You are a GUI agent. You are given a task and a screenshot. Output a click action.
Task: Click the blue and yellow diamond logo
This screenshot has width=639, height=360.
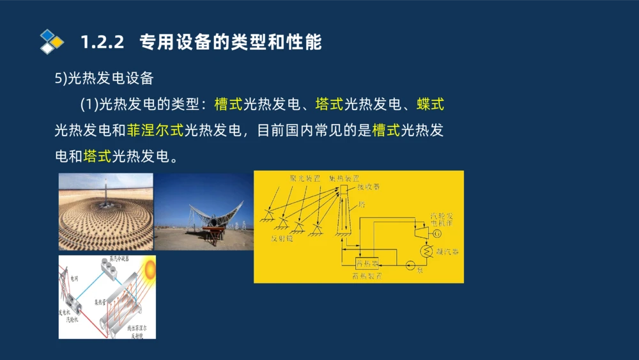click(52, 42)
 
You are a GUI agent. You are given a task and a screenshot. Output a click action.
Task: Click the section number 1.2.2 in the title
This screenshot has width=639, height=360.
click(102, 43)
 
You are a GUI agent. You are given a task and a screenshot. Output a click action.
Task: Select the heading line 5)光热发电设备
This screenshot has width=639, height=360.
click(104, 78)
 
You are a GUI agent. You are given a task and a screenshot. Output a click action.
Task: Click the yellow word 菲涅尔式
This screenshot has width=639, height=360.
click(155, 130)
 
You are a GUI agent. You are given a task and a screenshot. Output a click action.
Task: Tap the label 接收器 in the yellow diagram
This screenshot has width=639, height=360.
click(368, 187)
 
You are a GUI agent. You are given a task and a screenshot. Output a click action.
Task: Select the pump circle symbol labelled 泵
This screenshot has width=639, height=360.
click(410, 263)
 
